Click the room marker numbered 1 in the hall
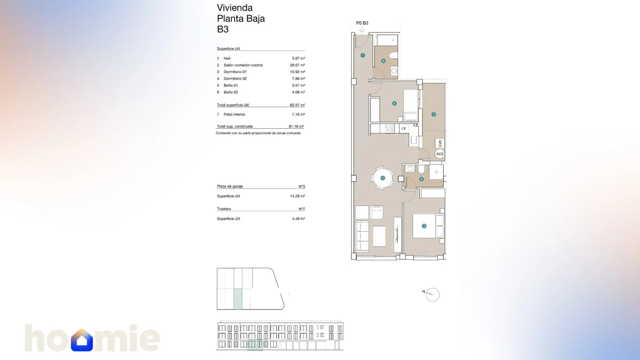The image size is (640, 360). [362, 55]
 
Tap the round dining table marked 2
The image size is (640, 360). [383, 178]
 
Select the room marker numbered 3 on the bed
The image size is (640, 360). [424, 226]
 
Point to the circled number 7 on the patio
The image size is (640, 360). [434, 114]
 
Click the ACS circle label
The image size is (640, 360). [440, 154]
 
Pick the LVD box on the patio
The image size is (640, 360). [440, 143]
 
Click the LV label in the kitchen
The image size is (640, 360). [404, 128]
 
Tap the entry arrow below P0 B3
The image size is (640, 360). [362, 30]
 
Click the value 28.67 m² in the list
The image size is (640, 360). [297, 65]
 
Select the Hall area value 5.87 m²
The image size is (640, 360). [298, 58]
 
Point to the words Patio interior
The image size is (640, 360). [234, 114]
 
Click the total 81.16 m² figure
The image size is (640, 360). [296, 127]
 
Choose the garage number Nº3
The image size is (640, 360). [302, 186]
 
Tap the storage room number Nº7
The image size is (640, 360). [302, 209]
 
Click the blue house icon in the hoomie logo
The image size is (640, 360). [82, 340]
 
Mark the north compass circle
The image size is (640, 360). [433, 295]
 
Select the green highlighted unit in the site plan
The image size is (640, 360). [238, 299]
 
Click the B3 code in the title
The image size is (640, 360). [223, 29]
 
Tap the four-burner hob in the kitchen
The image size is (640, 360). [390, 128]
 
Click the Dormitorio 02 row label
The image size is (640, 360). [235, 78]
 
